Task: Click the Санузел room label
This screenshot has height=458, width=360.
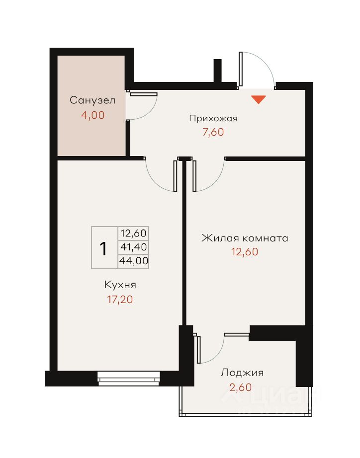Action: (92, 100)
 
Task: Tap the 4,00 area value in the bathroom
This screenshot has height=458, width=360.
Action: (92, 115)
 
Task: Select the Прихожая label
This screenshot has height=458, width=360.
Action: (213, 118)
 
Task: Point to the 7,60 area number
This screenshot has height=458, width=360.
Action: (213, 132)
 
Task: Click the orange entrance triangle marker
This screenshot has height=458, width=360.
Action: (259, 99)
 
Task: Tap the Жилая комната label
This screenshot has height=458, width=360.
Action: (245, 238)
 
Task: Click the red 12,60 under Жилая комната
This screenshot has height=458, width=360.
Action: (245, 251)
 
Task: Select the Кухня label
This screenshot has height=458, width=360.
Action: (120, 285)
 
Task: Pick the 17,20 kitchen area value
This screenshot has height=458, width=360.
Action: (120, 300)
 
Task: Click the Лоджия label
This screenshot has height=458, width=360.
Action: (242, 373)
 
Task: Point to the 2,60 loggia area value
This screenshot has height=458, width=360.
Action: (240, 387)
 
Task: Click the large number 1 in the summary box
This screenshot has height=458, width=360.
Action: (103, 248)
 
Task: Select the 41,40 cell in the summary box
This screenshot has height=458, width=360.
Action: (134, 247)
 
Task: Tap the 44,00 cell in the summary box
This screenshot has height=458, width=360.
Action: (134, 261)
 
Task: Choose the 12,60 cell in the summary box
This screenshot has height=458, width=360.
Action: (134, 233)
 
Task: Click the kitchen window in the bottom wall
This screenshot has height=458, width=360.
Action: (129, 378)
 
